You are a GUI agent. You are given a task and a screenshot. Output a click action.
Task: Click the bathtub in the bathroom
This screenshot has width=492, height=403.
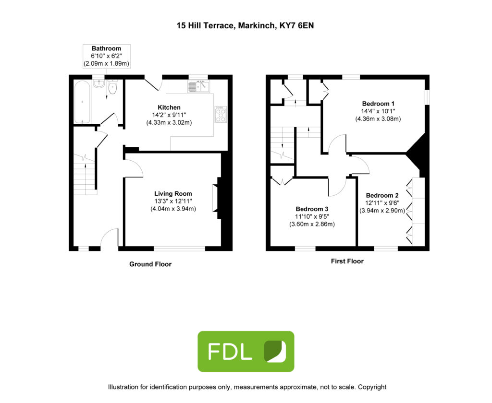82,102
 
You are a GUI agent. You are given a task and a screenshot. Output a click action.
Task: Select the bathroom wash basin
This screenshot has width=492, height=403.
99,83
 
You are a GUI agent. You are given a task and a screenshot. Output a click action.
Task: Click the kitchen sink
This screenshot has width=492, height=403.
198,86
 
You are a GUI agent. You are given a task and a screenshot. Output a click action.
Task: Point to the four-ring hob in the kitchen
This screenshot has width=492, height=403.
221,114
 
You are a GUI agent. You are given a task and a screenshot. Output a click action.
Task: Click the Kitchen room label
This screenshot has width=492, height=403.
169,107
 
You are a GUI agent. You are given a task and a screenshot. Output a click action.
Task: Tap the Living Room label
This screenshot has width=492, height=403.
173,194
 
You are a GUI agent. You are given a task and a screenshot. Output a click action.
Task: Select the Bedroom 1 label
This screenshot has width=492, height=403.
378,104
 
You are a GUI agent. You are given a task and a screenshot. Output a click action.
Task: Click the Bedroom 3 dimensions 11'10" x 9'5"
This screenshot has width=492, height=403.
312,216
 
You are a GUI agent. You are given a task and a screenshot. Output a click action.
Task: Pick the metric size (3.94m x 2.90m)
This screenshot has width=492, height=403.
382,211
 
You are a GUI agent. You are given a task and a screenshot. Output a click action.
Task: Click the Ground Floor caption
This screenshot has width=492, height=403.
150,264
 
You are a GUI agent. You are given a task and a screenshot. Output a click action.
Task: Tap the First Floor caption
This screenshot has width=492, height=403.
347,261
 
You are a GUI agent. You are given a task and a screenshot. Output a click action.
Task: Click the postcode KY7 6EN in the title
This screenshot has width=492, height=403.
296,26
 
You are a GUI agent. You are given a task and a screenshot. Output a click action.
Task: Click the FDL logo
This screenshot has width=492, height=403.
246,351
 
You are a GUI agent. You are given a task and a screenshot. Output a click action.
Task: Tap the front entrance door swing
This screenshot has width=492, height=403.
110,237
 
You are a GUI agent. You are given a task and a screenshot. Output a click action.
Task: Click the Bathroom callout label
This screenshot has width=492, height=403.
106,56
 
